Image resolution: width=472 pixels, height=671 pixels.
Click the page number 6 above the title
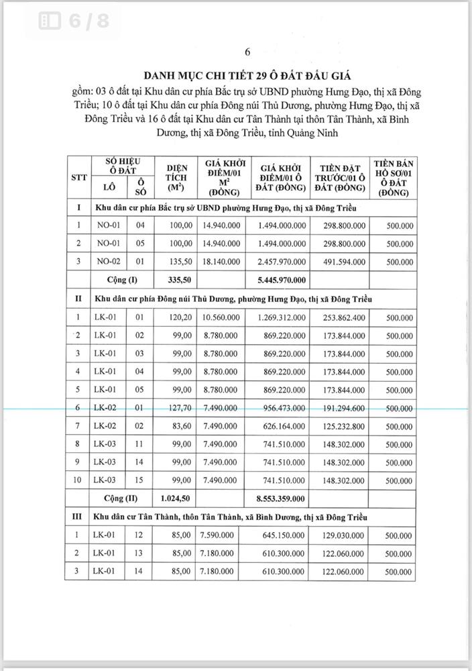click(x=247, y=52)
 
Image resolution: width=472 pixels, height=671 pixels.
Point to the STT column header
click(x=79, y=176)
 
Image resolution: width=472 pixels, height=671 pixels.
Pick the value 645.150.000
click(x=281, y=535)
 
